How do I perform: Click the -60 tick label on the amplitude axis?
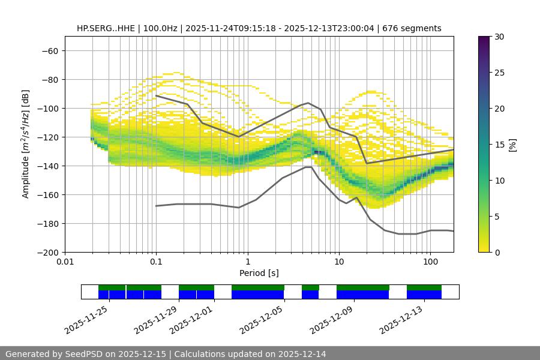pos(49,50)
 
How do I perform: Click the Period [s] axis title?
pos(259,274)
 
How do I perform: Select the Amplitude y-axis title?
pos(26,144)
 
